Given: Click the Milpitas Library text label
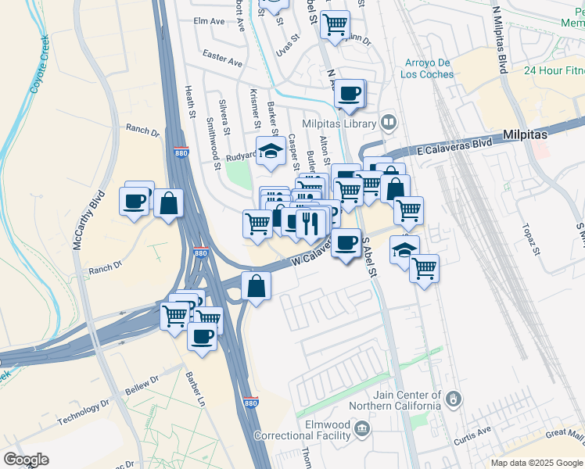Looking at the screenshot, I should tap(340, 123).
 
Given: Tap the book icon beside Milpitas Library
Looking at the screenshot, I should tap(389, 123).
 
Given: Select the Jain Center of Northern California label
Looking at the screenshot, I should tap(396, 400).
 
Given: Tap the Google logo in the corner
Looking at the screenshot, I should tap(26, 459).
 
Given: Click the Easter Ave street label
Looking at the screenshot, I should tap(222, 58).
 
